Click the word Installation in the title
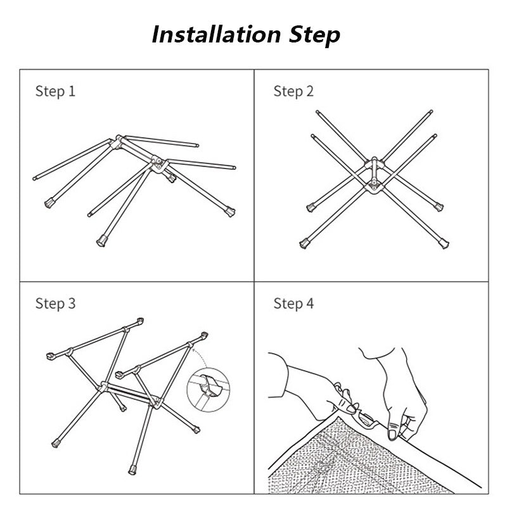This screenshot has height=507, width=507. click(x=216, y=35)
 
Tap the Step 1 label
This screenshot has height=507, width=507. click(x=55, y=91)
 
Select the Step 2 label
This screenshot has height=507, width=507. click(x=293, y=91)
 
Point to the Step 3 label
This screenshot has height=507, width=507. click(x=55, y=304)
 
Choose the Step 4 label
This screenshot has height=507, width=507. click(x=293, y=304)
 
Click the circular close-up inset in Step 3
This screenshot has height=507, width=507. click(x=209, y=390)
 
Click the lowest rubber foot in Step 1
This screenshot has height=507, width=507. click(x=102, y=241)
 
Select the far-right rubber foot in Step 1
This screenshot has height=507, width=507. click(x=230, y=212)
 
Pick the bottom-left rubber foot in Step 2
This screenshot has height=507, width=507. click(x=304, y=243)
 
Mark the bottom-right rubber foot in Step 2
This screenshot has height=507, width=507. click(x=444, y=243)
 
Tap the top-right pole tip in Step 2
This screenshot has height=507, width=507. click(x=431, y=112)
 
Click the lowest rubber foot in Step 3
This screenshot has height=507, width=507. click(x=132, y=470)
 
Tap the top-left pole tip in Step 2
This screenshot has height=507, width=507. click(x=318, y=112)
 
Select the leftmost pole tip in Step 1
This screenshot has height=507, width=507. click(x=35, y=178)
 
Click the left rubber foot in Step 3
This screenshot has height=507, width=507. click(x=56, y=443)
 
